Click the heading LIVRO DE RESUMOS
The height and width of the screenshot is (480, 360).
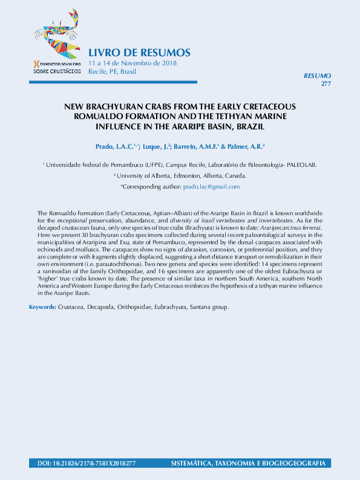point(139,53)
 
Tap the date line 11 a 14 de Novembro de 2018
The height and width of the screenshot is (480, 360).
point(133,63)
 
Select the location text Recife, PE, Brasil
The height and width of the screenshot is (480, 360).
point(112,71)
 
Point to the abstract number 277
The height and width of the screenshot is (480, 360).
point(326,83)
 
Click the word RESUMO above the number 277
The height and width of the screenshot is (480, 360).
point(317,76)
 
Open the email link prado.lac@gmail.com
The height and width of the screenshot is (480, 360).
point(211,187)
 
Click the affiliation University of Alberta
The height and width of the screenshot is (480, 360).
point(152,176)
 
